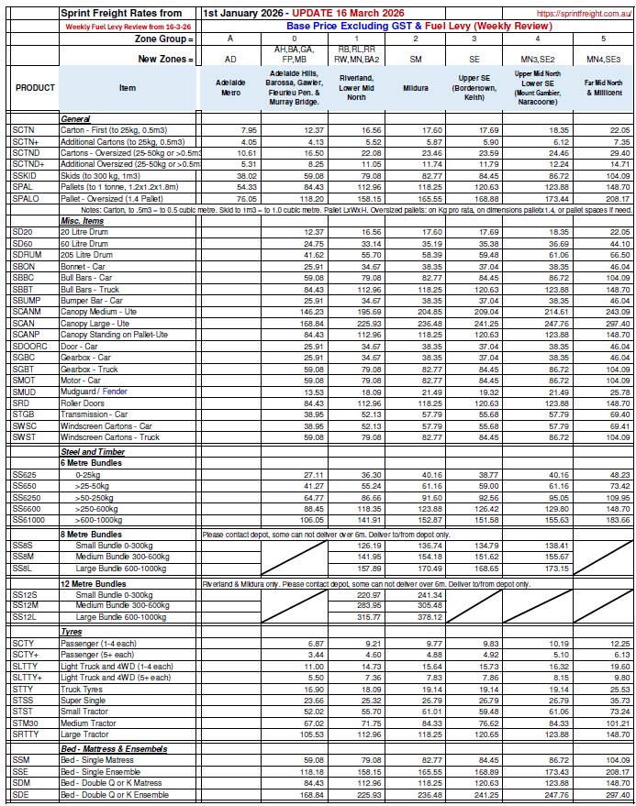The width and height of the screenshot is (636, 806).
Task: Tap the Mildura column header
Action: coord(416,88)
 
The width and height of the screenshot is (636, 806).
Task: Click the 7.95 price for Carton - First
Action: coord(248,131)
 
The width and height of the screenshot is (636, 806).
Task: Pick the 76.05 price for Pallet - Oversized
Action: coord(245,197)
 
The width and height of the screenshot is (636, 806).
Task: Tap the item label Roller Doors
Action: coord(84,403)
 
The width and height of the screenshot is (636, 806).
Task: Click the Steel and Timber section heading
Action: coord(94,452)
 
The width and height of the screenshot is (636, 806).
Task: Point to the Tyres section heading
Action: coord(73,633)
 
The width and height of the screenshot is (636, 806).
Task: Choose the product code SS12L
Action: coord(25,617)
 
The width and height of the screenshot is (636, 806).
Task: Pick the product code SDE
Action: coord(22,796)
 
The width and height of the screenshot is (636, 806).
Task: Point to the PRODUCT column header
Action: coord(35,88)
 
